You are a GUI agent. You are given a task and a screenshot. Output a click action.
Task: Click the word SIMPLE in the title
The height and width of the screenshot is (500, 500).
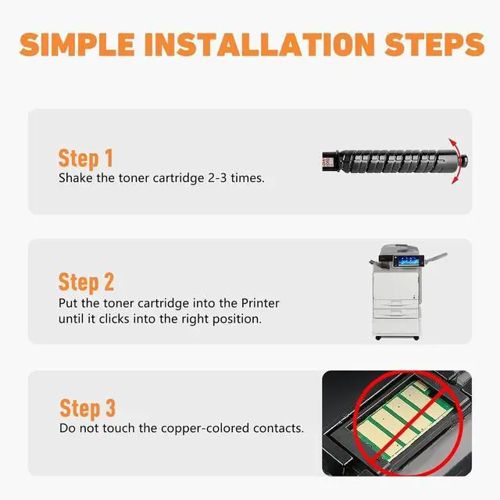tap(77, 45)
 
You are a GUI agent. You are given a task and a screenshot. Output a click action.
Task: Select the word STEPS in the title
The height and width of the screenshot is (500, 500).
tap(434, 45)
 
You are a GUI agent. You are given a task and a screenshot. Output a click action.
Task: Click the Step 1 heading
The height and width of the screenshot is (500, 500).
tap(85, 159)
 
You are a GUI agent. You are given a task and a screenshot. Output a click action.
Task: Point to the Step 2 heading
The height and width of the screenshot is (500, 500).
tap(86, 283)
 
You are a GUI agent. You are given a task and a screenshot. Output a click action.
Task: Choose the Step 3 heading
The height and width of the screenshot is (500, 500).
tap(87, 409)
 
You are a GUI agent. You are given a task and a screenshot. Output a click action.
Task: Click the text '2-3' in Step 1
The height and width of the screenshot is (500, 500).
tap(217, 178)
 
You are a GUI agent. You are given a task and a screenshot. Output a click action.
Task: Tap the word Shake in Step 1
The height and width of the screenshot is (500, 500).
tap(76, 177)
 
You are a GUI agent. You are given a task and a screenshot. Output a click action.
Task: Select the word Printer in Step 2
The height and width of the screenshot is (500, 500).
tap(260, 303)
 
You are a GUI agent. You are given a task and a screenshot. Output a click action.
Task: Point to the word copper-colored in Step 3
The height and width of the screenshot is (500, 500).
tap(205, 429)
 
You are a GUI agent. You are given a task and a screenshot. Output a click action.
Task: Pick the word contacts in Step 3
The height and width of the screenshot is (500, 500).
tap(278, 428)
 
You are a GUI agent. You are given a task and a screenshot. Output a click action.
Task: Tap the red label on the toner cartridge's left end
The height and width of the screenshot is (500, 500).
tap(327, 162)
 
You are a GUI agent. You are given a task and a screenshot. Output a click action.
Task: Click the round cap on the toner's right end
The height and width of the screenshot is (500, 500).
tap(463, 159)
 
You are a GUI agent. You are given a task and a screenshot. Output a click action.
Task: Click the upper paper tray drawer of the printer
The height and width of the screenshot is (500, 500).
tap(396, 304)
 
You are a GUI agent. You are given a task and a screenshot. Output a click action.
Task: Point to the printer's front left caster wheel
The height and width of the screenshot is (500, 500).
tap(378, 337)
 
